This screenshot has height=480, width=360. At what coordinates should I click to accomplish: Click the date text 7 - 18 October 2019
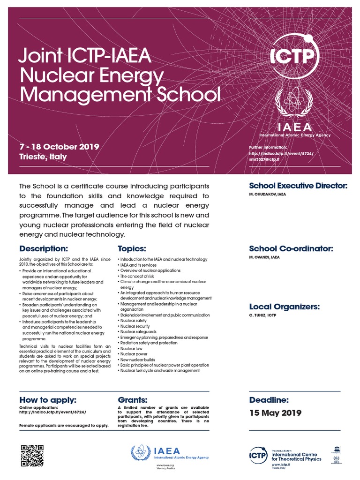(x=59, y=146)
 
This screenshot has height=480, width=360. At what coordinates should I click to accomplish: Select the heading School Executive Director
(x=298, y=186)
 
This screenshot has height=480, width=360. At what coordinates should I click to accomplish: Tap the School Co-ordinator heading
(x=291, y=248)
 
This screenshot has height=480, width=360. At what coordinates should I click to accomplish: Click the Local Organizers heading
(x=285, y=307)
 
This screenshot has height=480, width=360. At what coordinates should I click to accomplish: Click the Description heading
(x=44, y=248)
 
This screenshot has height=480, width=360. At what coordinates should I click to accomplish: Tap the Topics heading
(x=132, y=248)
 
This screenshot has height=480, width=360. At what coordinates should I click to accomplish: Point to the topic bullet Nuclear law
(x=132, y=349)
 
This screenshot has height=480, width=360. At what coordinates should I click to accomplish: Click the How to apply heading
(x=47, y=400)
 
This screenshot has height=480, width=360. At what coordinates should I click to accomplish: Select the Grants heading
(x=133, y=400)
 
